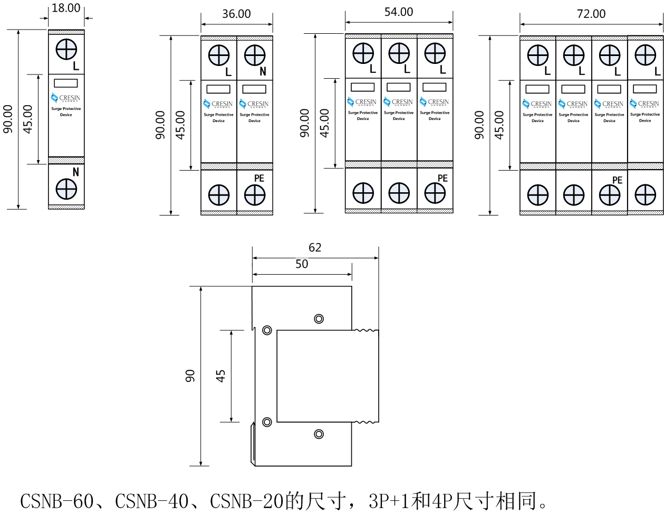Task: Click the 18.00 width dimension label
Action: coord(66,8)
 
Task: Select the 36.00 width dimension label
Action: coord(236,14)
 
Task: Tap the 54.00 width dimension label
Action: coord(399,12)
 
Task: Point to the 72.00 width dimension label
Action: coord(591,14)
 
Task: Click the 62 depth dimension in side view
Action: coord(315,247)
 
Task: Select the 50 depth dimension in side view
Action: coord(302,264)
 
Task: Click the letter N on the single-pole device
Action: coord(75,172)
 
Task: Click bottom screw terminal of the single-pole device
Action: coord(66,189)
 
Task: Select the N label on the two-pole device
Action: coord(263,72)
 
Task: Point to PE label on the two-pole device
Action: coord(259,179)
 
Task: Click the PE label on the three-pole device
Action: coord(442,179)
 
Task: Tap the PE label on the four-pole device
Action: coord(617,180)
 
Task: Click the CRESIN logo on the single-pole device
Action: coord(66,98)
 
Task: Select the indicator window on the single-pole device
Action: coord(66,83)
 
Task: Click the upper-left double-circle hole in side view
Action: coord(267,331)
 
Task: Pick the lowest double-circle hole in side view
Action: coord(319,434)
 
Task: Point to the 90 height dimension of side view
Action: coord(190,376)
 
